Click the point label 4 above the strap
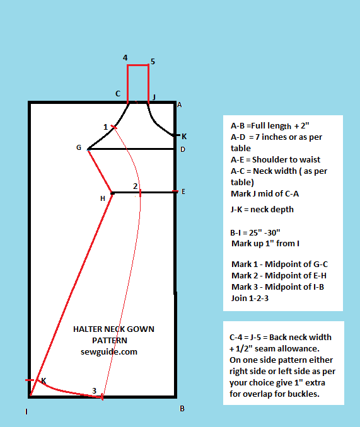point(125,58)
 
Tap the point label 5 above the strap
point(153,62)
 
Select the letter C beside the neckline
point(117,94)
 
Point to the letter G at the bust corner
point(79,147)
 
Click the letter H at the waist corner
point(103,198)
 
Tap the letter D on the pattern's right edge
point(182,149)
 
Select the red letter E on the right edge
point(183,191)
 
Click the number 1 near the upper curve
point(105,127)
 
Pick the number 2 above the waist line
point(135,186)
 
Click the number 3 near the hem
point(95,391)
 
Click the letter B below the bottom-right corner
point(182,408)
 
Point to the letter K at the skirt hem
point(44,380)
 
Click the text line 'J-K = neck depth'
point(262,209)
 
